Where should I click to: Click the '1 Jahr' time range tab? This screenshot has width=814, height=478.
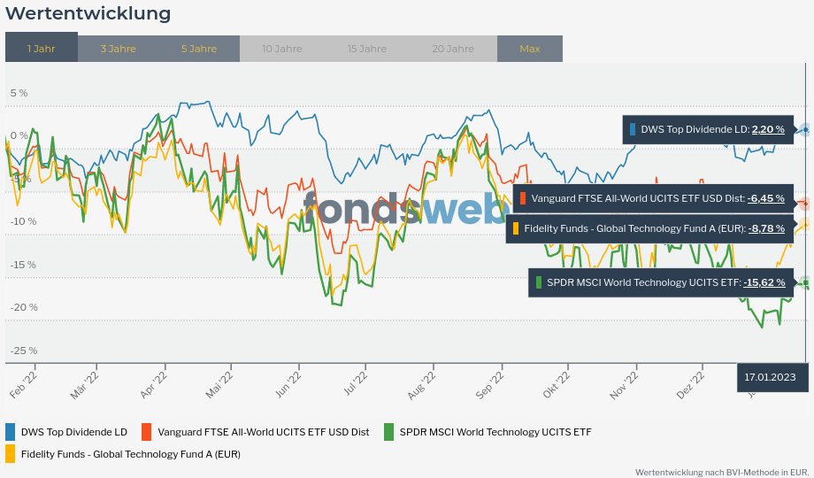point(42,49)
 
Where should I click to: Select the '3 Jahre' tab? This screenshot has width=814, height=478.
point(118,49)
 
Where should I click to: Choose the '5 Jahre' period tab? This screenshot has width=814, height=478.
point(199,49)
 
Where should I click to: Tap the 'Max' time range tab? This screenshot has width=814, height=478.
point(530,49)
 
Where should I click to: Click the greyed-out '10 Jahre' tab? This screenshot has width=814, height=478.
point(282,49)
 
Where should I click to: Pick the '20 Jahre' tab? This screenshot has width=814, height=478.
point(453,49)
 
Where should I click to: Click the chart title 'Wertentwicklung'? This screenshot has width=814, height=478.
point(88,14)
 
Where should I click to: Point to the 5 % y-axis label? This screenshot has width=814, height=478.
point(19,93)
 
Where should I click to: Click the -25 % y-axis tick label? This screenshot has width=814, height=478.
point(24,351)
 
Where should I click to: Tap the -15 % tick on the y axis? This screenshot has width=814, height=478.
point(24,265)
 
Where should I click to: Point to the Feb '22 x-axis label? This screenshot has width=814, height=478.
point(23,387)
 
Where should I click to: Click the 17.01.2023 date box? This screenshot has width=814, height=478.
point(770,377)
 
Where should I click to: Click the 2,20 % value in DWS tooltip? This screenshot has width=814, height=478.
point(768,129)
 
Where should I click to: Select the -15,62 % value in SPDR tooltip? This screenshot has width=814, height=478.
point(764,282)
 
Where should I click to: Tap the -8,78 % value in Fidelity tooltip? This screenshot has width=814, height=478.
point(766,228)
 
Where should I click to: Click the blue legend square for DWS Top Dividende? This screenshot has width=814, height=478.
point(11,432)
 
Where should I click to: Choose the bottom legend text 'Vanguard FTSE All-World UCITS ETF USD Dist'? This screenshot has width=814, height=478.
point(263,432)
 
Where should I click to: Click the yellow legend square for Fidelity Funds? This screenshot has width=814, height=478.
point(11,454)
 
